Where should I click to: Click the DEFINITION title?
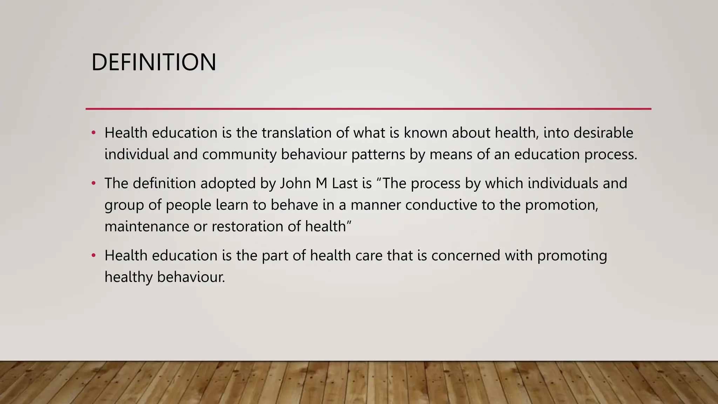click(x=154, y=62)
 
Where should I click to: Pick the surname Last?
click(x=345, y=183)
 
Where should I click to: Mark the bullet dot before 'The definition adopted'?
click(x=93, y=183)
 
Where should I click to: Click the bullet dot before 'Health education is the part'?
click(x=93, y=256)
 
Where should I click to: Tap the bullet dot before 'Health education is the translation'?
click(x=93, y=133)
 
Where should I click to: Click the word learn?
click(x=232, y=205)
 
